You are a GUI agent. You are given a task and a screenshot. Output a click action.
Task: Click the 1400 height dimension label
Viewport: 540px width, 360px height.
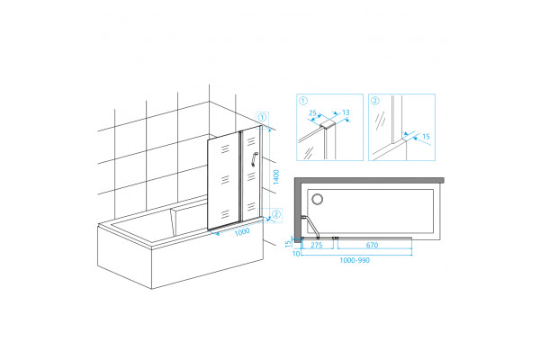276,177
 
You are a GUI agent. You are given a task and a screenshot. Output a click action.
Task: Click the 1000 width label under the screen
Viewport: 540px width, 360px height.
242,232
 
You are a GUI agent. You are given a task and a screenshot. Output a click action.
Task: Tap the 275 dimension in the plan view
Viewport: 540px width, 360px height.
317,246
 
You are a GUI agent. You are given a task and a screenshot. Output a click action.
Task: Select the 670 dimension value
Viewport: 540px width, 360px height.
372,246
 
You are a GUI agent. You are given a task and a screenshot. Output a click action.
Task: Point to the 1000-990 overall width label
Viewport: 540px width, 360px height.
355,260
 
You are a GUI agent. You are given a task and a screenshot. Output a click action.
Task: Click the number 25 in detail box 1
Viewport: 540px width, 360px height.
312,112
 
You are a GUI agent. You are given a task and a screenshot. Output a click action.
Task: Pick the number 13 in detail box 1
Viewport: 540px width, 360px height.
346,112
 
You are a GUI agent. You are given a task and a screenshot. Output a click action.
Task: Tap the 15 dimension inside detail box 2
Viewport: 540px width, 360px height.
426,137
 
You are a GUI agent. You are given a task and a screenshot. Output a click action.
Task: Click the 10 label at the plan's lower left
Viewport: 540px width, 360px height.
296,254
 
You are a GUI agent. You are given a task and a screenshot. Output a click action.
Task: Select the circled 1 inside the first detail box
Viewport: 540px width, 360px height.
303,101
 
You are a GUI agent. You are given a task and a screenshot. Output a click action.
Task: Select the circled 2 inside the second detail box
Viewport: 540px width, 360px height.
375,101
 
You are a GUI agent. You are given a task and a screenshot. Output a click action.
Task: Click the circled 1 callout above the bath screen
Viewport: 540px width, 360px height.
262,118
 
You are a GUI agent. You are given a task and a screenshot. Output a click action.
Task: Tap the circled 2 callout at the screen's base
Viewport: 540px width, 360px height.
276,214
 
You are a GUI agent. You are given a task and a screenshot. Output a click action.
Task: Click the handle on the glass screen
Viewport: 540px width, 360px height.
254,159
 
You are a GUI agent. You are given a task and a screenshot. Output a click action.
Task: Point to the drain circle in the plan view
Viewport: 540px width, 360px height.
317,199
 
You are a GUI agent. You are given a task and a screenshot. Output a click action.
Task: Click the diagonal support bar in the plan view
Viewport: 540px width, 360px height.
312,227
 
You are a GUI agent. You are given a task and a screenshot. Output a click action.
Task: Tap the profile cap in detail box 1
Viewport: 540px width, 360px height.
328,125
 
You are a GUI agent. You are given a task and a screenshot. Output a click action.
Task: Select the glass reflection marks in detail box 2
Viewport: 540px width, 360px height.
380,121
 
